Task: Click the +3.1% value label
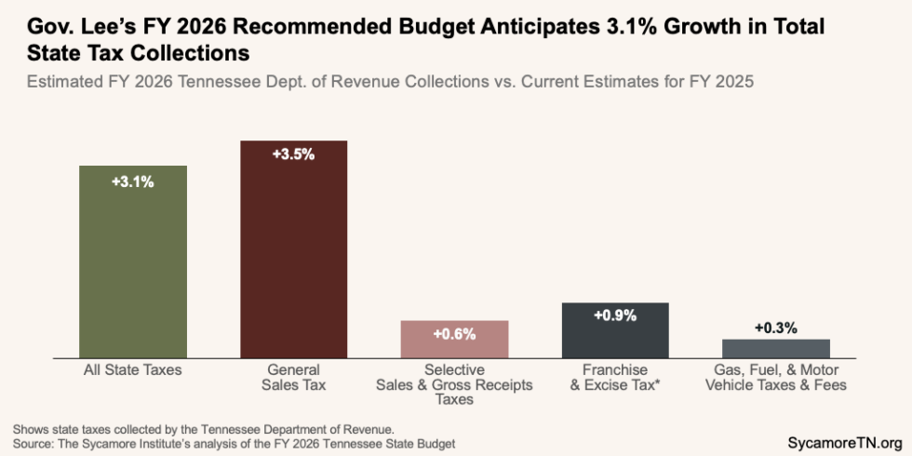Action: [x=133, y=182]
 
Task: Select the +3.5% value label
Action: [x=294, y=154]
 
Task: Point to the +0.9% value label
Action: [x=615, y=315]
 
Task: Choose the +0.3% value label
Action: [x=776, y=329]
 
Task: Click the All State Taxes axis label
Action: [x=133, y=370]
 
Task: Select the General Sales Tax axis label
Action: [x=294, y=377]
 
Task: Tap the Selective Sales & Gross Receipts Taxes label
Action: [x=454, y=384]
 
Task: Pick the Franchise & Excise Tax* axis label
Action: [x=615, y=377]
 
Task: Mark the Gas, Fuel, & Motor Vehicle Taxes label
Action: [x=776, y=377]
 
